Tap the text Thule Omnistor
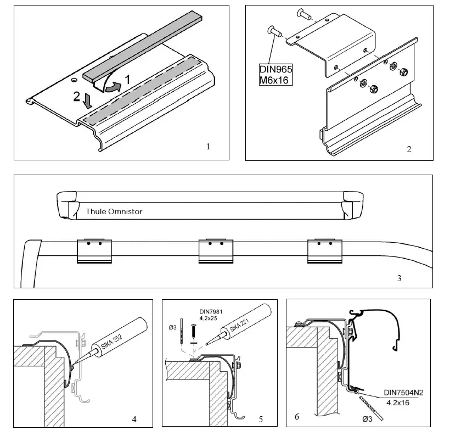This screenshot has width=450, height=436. click(114, 211)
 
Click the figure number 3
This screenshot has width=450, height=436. click(399, 278)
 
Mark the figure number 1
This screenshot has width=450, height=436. click(208, 147)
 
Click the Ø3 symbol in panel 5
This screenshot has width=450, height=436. click(173, 328)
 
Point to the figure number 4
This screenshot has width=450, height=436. click(134, 420)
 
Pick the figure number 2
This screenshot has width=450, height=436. click(409, 149)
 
